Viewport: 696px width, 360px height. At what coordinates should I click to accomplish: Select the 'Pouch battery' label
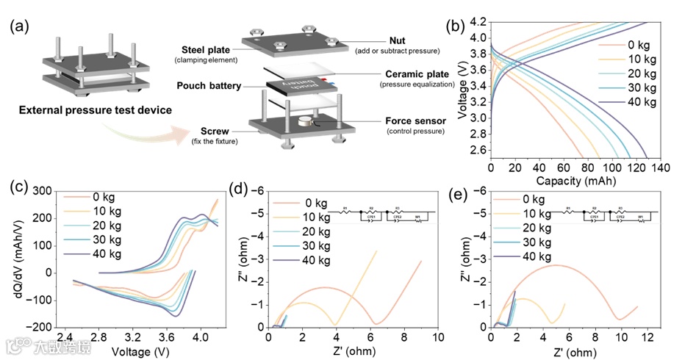[x=209, y=86]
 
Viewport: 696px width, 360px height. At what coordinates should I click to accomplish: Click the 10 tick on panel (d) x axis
[x=438, y=338]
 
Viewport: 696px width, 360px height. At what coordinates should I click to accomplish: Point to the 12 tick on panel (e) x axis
[x=648, y=338]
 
